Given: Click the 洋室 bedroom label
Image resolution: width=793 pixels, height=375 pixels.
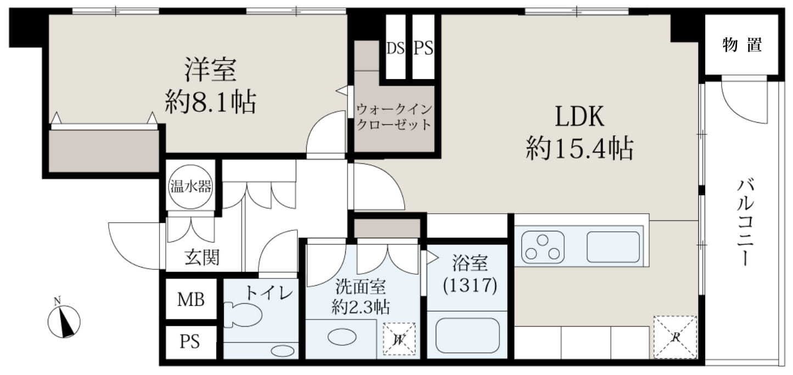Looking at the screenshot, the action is coord(210,70).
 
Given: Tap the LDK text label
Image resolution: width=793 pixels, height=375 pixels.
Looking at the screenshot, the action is coord(580,117).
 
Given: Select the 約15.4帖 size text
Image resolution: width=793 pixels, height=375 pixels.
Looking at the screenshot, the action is coord(580,149).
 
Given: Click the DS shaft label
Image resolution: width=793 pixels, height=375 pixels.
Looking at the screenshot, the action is coord(396,48).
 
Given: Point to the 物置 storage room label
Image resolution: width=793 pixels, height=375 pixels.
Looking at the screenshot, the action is coord(742,46).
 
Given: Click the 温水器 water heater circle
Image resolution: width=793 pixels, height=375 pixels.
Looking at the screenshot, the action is coord(191,186).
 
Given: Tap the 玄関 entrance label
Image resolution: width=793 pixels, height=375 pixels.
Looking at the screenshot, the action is coord(202,257).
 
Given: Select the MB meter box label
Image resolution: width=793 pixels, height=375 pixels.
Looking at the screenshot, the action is coord(191,300).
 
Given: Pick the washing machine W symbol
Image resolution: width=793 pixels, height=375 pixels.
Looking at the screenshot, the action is coord(399,339).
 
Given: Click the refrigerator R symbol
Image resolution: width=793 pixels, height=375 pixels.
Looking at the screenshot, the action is coord(675,337).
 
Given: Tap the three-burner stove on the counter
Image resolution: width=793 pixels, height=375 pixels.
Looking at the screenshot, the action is coord(543,247).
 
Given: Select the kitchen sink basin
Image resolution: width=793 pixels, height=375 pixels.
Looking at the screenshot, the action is coord(613,247).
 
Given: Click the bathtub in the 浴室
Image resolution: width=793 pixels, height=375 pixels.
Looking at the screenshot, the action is coord(468,336).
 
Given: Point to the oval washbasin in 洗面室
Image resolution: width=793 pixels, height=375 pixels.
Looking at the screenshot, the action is coord(342,337).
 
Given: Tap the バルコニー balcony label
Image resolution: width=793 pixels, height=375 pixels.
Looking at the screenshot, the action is coord(745,223).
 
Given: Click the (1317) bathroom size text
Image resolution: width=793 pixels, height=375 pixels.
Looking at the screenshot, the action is coord(470,285).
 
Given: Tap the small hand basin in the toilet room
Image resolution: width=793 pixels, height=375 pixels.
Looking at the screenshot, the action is coord(283,350).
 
